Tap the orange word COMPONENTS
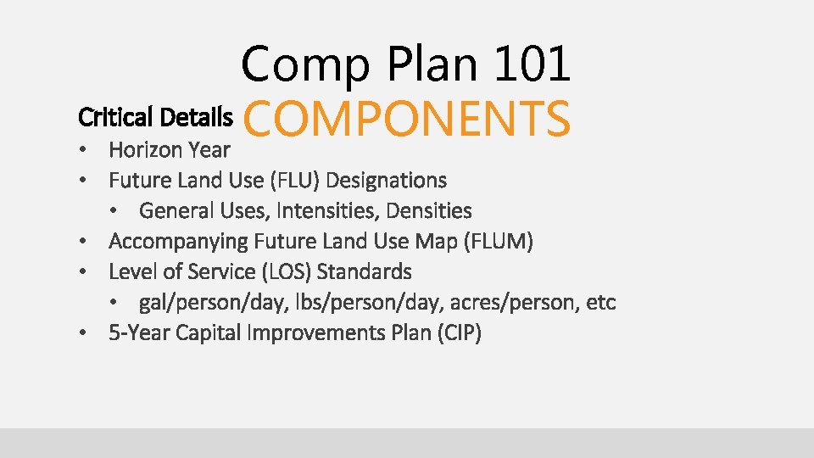pyautogui.click(x=407, y=119)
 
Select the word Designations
pyautogui.click(x=386, y=181)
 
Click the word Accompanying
pyautogui.click(x=177, y=242)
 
